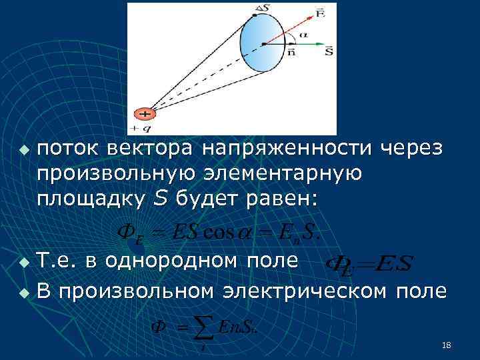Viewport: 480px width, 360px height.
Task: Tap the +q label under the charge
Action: coord(139,127)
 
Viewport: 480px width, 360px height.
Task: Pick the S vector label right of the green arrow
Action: coord(329,50)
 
